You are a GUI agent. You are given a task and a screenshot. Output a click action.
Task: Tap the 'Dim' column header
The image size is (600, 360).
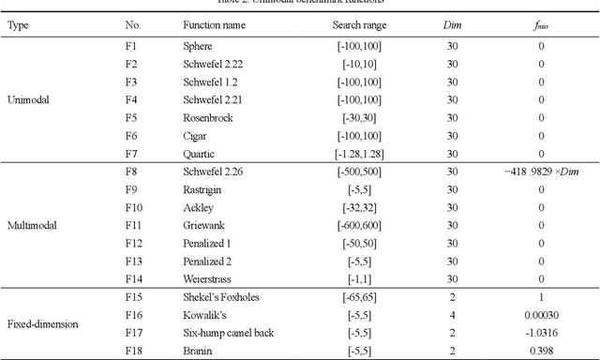click(452, 25)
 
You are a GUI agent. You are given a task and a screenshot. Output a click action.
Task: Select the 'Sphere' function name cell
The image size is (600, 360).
click(198, 46)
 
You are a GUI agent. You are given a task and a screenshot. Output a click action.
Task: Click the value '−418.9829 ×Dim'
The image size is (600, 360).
click(541, 172)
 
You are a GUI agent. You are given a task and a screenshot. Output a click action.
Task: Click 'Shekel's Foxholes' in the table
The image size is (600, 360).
click(220, 297)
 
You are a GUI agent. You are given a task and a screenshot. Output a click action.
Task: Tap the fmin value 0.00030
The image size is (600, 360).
click(541, 315)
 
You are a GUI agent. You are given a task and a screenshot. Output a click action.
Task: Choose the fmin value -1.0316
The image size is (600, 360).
click(541, 333)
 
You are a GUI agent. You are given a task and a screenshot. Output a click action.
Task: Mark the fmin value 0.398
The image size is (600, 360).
click(541, 351)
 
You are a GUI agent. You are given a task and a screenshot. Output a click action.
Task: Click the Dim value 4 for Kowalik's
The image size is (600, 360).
click(452, 315)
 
